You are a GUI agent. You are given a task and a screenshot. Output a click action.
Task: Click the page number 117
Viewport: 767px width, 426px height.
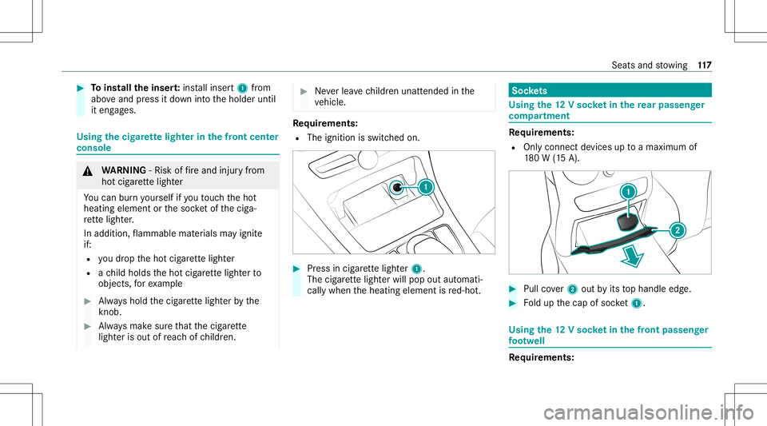(x=705, y=65)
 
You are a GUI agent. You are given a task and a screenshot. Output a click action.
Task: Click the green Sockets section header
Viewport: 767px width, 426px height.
(x=610, y=90)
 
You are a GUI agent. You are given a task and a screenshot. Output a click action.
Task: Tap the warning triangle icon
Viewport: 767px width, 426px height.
(x=88, y=171)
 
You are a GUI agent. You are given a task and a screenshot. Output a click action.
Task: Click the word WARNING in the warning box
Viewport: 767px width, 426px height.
(x=124, y=170)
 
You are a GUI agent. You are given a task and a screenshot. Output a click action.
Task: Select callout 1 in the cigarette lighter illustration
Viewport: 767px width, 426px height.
(x=426, y=187)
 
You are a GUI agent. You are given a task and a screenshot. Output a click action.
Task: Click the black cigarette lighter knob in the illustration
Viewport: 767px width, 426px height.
(x=397, y=187)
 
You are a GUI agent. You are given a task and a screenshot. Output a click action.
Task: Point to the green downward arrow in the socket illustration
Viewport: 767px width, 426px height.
(x=633, y=257)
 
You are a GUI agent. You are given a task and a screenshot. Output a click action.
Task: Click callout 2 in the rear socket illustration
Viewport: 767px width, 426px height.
(x=678, y=230)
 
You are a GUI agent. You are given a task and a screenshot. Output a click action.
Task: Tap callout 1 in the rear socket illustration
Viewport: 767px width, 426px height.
(x=628, y=192)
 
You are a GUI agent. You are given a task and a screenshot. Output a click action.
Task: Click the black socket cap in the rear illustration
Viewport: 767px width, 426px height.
(x=628, y=222)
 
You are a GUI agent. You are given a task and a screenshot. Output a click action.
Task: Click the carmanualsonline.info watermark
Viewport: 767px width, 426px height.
(x=649, y=412)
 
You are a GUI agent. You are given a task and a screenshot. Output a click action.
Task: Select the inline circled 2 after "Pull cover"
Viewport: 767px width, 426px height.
(x=572, y=289)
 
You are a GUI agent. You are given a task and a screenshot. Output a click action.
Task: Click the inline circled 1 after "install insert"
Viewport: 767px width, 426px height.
(x=242, y=89)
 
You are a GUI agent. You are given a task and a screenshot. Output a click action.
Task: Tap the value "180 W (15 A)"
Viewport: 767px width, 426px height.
(x=551, y=158)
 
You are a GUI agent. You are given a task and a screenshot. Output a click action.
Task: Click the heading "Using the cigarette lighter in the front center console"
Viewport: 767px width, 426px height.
(x=177, y=142)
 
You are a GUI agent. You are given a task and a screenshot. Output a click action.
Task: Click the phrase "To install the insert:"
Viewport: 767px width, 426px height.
(x=136, y=88)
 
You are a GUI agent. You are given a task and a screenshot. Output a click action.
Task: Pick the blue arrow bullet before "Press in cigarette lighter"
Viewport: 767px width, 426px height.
(x=296, y=269)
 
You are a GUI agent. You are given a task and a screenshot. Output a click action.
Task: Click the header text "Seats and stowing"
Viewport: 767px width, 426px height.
(x=649, y=65)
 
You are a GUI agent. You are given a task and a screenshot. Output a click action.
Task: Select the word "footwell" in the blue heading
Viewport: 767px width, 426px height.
(x=527, y=341)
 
